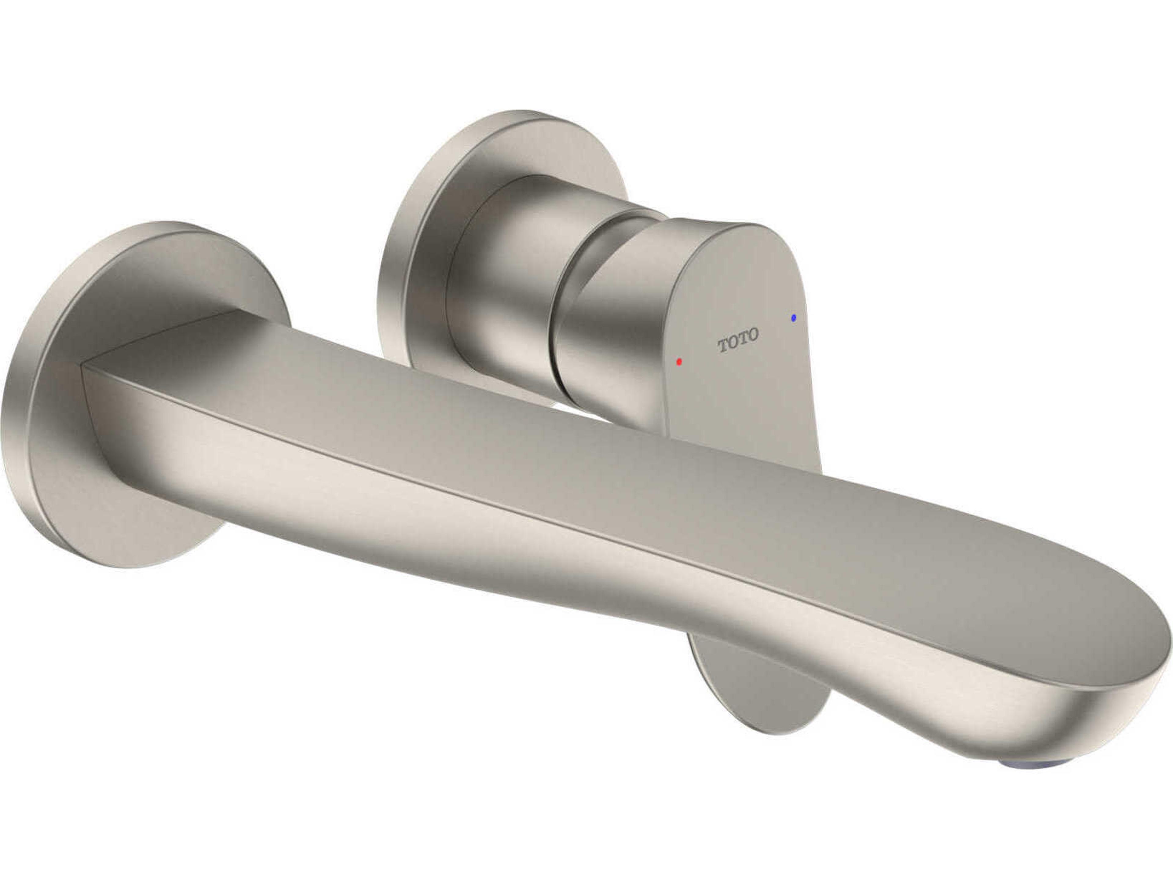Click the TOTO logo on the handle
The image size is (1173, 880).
coord(738,341)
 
